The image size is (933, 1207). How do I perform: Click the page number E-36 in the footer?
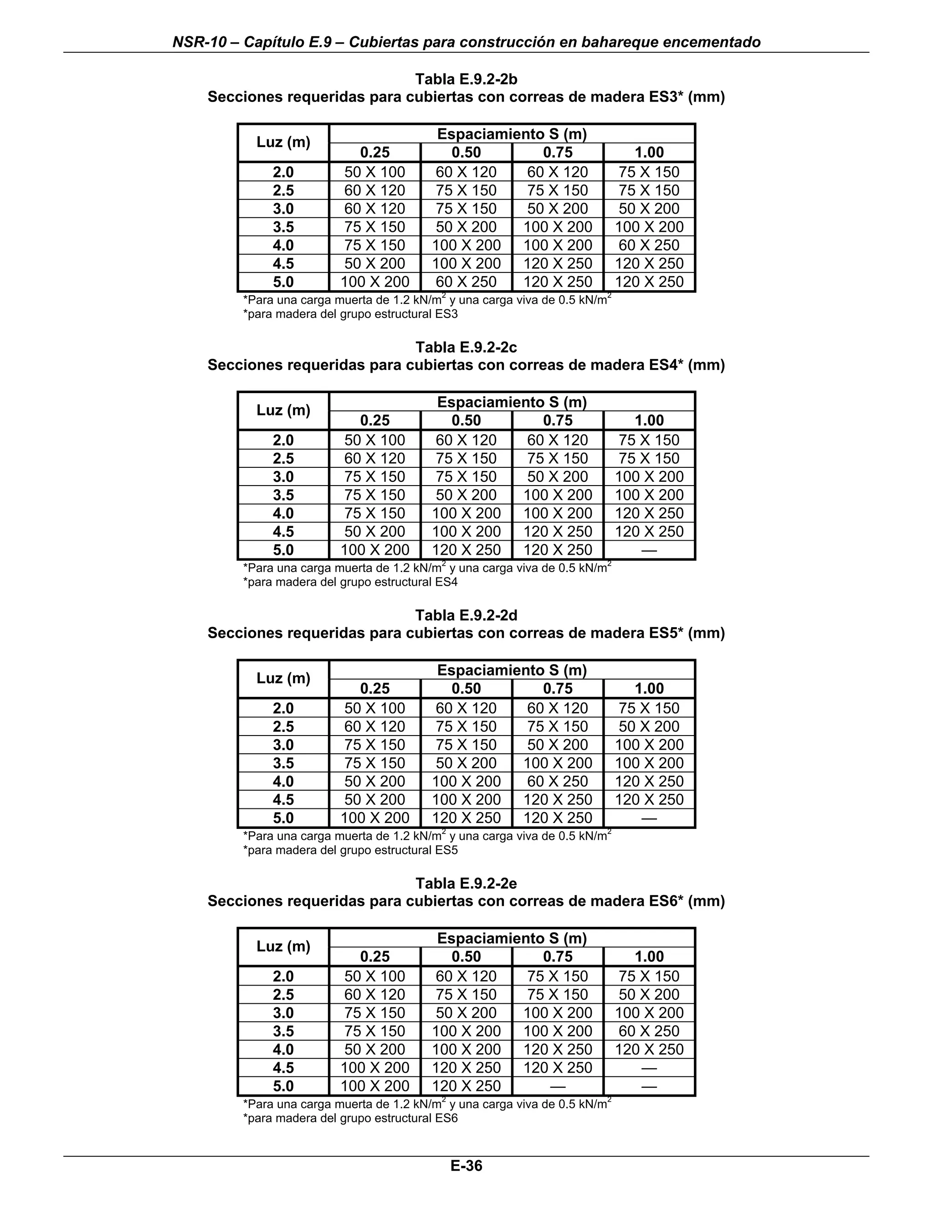(466, 1166)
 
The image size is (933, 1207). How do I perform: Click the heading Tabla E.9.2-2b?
(466, 80)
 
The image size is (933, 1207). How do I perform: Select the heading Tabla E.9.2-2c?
(466, 347)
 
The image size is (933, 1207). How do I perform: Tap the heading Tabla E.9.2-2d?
(466, 615)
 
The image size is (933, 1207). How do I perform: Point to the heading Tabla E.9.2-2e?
(466, 883)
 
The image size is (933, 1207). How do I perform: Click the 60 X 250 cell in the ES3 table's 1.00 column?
(649, 245)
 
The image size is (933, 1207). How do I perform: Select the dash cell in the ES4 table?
(649, 550)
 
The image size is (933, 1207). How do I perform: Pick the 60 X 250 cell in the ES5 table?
(557, 781)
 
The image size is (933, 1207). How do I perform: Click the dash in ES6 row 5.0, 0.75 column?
(557, 1086)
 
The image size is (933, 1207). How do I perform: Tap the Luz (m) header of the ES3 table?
(283, 143)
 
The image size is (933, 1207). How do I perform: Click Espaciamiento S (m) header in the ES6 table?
(512, 938)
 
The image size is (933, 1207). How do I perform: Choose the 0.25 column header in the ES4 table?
(375, 420)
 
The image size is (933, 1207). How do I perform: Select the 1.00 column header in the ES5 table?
(649, 688)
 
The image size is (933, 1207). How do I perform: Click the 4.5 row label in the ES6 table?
(283, 1067)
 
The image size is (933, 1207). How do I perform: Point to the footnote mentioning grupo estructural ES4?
(350, 582)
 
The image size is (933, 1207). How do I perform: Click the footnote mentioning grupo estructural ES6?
(350, 1118)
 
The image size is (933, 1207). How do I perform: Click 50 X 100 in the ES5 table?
(375, 708)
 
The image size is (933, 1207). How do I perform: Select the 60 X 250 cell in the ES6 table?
(649, 1031)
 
